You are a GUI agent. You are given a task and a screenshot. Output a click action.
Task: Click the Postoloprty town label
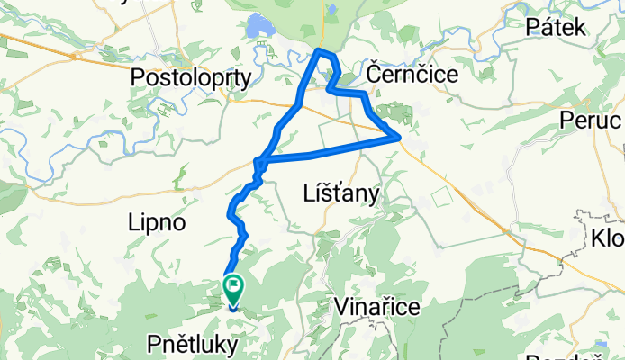[191, 78]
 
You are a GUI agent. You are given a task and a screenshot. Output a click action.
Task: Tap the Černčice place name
[412, 73]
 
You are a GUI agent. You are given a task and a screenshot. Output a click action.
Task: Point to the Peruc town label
[591, 120]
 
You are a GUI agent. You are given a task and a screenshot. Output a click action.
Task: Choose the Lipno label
[157, 222]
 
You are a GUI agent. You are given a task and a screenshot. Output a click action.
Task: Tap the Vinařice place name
[376, 307]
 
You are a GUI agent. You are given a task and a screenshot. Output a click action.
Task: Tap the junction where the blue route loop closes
[259, 162]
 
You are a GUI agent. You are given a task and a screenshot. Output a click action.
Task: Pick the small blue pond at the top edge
[332, 10]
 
